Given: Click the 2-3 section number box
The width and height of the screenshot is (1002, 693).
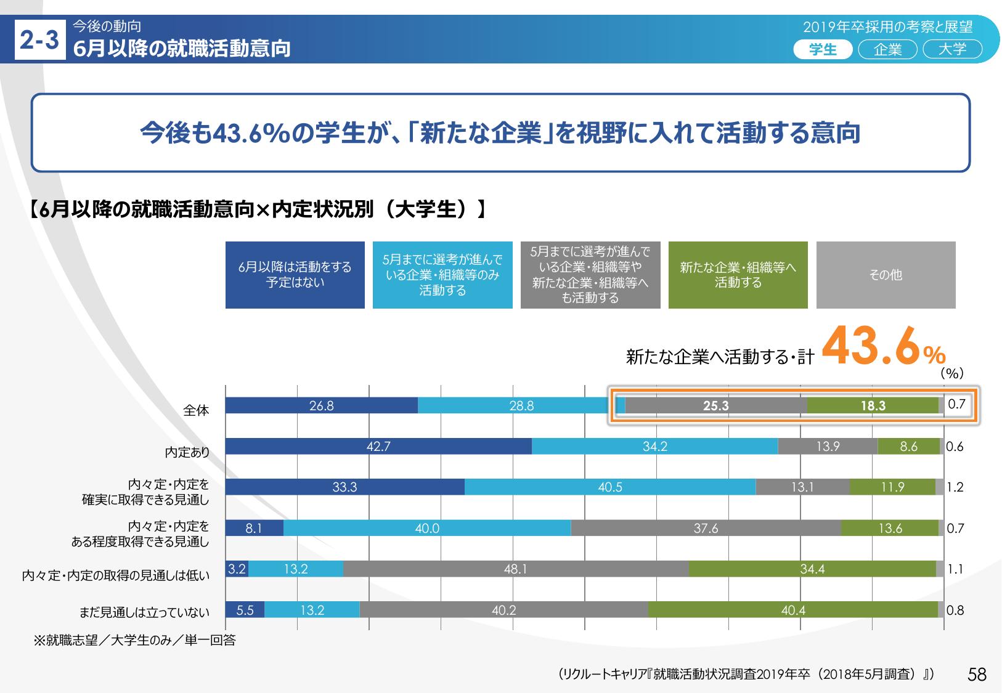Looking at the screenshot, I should tap(39, 41).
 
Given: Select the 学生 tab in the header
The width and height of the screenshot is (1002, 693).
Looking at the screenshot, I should tap(822, 49).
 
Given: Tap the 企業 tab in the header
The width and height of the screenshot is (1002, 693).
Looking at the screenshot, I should tap(887, 49).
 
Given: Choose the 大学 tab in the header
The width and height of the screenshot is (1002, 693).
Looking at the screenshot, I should tap(952, 49).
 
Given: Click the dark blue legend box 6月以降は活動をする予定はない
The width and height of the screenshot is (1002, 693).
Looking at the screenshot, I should tap(295, 275).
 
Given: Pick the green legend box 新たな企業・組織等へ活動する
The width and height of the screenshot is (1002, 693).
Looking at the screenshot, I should tap(738, 275).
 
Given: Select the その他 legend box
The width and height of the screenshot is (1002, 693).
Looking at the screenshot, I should tap(886, 275).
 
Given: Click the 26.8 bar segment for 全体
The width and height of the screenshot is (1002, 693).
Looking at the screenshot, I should tap(322, 405).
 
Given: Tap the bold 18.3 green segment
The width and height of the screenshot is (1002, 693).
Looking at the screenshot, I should tap(873, 405).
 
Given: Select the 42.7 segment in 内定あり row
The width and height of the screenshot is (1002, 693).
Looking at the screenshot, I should tap(378, 447).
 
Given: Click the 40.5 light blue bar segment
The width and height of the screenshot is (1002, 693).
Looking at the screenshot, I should tap(610, 487).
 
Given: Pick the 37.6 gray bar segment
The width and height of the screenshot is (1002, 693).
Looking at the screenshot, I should tap(706, 528).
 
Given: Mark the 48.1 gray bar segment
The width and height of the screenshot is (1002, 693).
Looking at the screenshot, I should tap(515, 569).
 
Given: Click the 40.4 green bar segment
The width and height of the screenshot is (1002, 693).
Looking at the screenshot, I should tap(793, 610).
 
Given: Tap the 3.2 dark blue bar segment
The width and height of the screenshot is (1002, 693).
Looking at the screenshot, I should tap(237, 569).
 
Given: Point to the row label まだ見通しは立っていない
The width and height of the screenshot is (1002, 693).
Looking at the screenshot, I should tap(144, 612).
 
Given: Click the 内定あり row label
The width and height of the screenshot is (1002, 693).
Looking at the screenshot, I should tap(187, 453).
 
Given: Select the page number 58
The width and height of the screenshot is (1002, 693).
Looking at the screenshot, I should tap(977, 675).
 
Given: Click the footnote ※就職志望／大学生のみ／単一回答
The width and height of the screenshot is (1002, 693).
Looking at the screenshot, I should tap(134, 641).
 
